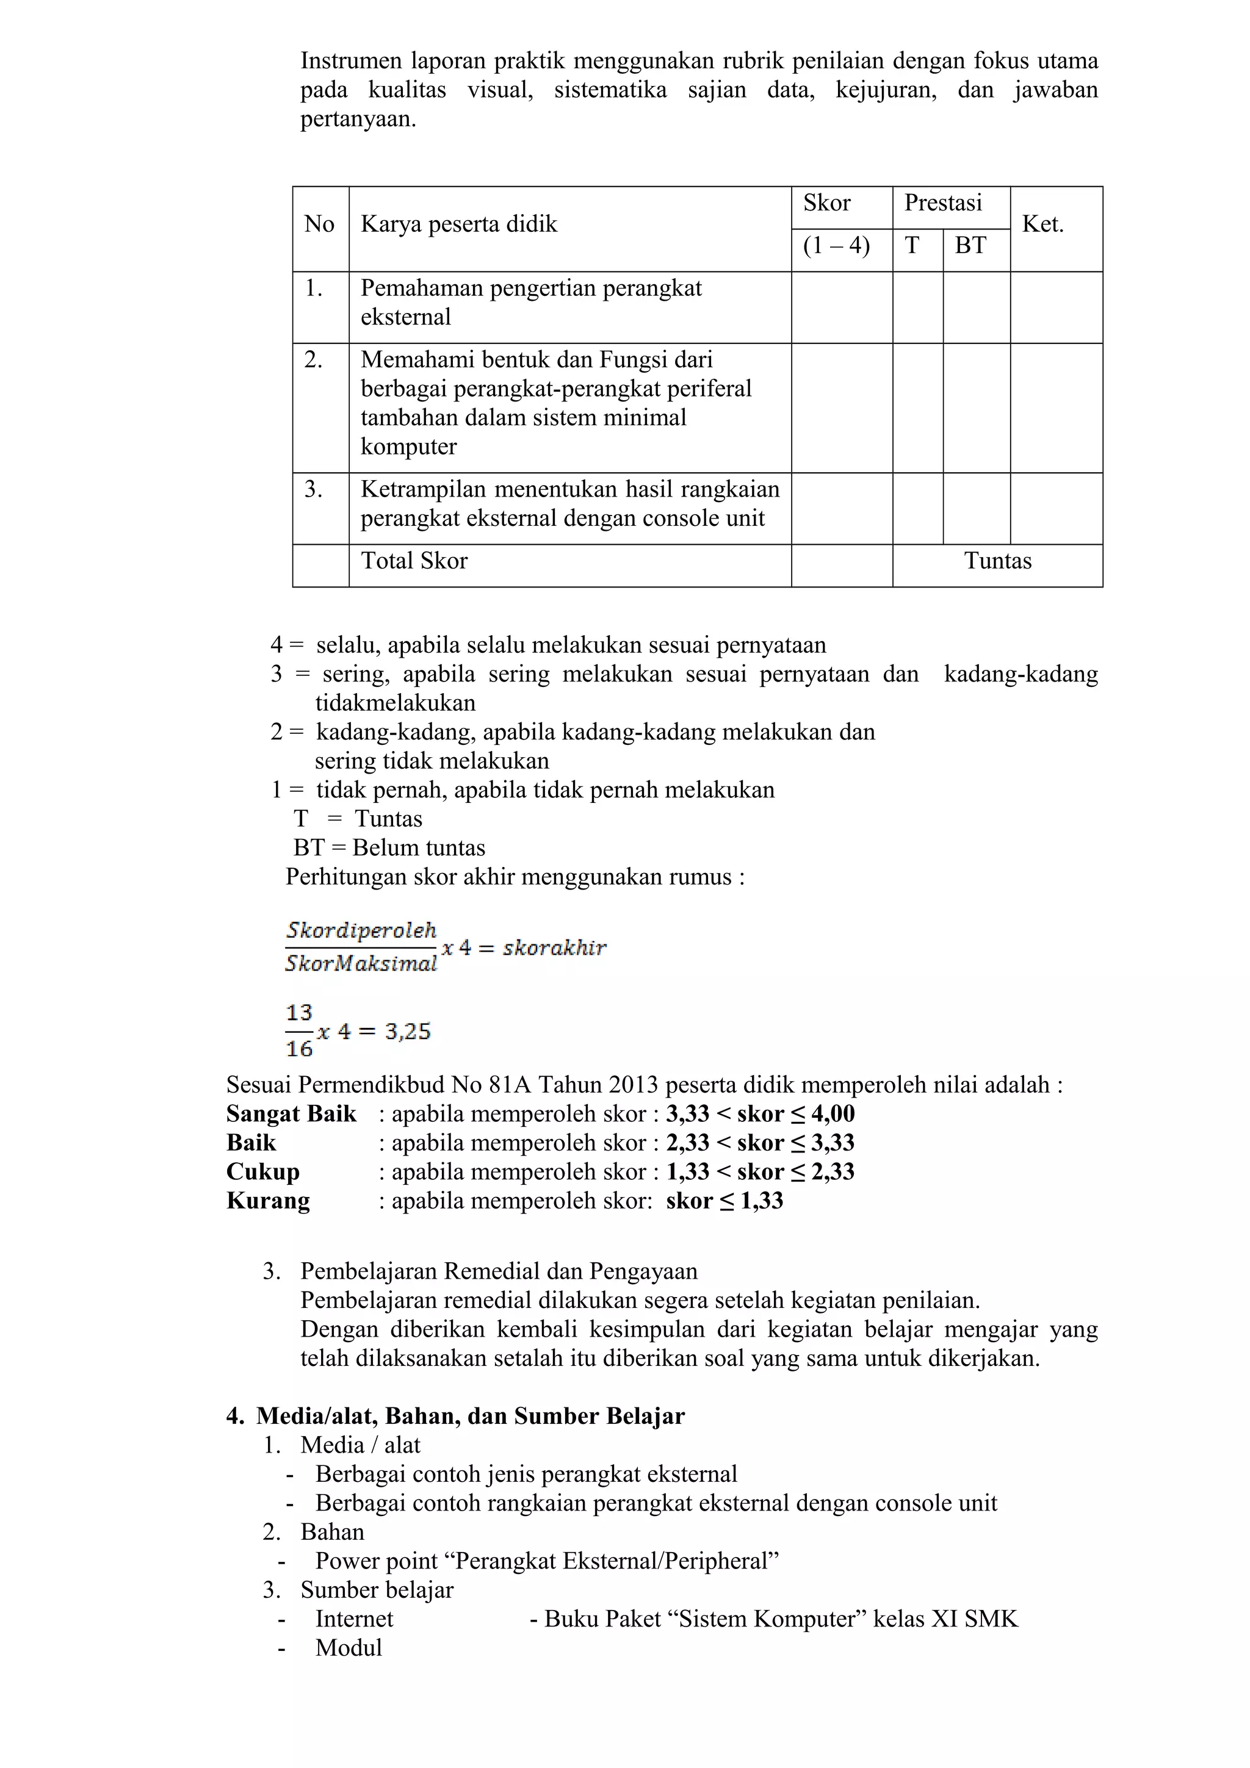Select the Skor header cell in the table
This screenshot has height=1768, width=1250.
(826, 203)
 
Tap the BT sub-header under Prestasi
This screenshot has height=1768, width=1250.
(970, 246)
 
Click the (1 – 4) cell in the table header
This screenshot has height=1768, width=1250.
(836, 246)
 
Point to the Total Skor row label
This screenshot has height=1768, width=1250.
(414, 561)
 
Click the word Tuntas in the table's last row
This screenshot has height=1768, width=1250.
(997, 561)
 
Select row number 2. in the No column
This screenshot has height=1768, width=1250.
(314, 359)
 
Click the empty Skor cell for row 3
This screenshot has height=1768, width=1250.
(841, 508)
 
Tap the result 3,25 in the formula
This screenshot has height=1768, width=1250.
(408, 1031)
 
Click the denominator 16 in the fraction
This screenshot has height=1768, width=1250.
(299, 1048)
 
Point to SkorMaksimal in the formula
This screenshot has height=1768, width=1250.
(361, 963)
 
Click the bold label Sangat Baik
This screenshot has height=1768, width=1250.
(291, 1114)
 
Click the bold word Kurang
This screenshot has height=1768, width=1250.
(268, 1201)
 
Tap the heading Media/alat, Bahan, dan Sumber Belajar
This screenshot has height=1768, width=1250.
(470, 1416)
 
